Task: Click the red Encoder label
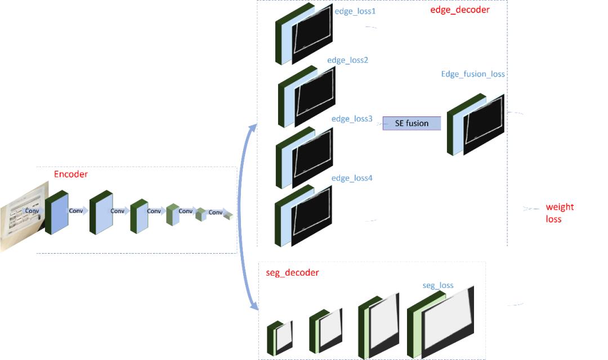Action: (71, 174)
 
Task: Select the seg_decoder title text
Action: (292, 273)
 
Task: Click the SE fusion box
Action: (412, 124)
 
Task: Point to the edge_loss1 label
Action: (355, 11)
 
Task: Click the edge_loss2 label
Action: (348, 60)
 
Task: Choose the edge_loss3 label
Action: (352, 119)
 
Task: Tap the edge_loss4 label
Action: (352, 178)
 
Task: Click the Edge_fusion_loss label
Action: (473, 74)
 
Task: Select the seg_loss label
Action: (438, 286)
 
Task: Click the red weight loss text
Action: (560, 213)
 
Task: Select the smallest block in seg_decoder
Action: (280, 337)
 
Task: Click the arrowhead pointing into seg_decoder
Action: (254, 306)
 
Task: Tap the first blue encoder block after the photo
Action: (57, 213)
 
